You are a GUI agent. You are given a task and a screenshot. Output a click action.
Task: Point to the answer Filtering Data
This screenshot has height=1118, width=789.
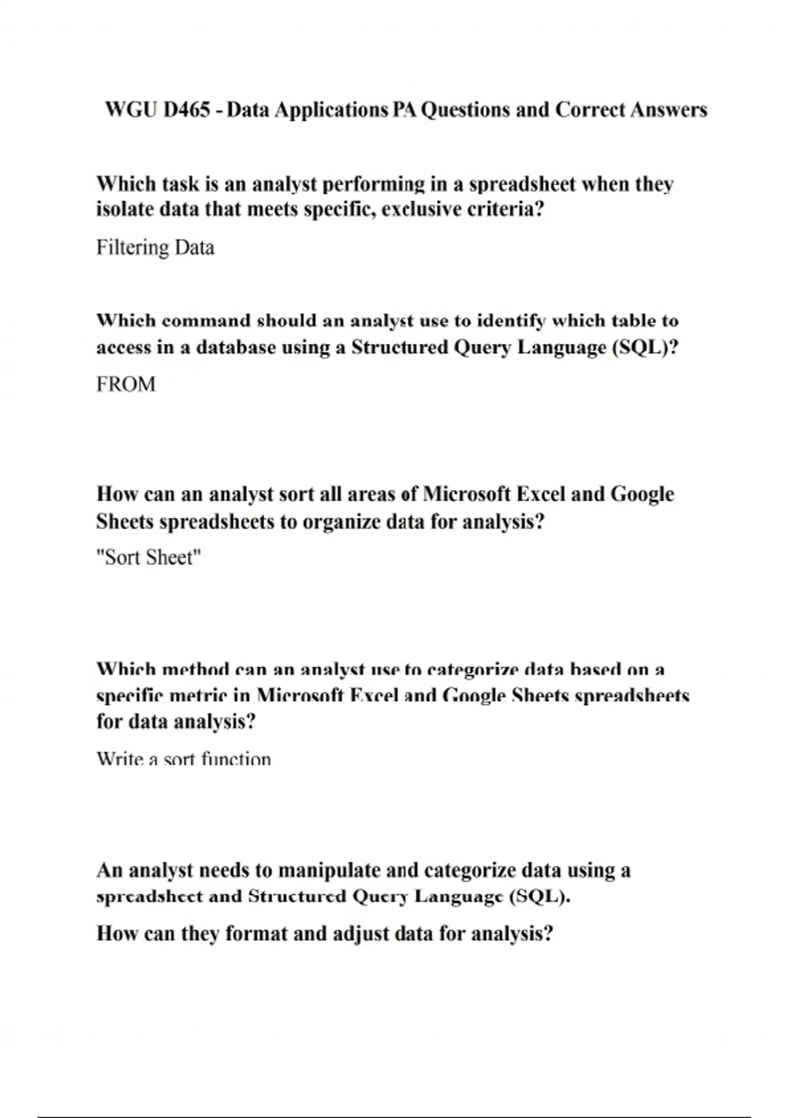tap(155, 248)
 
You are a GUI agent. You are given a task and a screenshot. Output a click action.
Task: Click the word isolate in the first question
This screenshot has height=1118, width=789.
tap(118, 210)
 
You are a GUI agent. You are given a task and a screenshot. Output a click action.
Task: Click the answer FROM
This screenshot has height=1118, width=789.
tap(126, 385)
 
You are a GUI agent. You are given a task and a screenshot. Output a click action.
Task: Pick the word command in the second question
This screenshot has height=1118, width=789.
tap(206, 321)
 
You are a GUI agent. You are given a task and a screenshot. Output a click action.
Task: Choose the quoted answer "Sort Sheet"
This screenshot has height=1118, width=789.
tap(149, 558)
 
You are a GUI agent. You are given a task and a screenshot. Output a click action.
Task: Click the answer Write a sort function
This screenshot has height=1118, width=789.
tap(183, 760)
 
